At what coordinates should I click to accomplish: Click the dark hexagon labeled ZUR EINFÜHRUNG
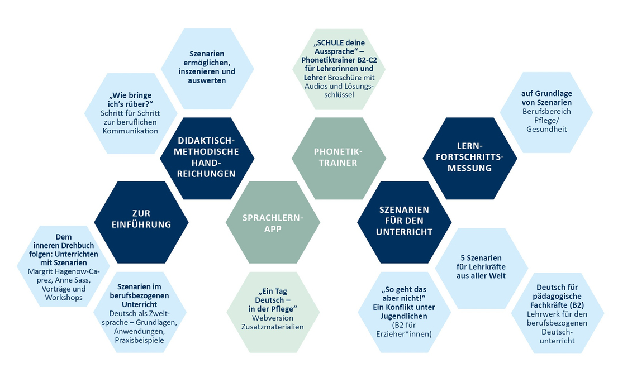click(141, 218)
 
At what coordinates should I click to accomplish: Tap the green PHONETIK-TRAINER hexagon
click(339, 157)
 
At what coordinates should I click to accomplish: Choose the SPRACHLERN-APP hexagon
click(273, 223)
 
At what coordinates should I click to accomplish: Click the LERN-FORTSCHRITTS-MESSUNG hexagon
click(469, 156)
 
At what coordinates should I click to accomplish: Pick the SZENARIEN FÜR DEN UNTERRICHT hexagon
click(405, 221)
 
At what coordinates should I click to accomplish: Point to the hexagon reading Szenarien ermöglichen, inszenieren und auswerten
click(207, 66)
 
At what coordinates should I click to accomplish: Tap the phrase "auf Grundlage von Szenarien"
click(546, 98)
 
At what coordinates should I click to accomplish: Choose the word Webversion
click(272, 318)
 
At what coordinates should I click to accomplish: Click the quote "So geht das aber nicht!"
click(404, 295)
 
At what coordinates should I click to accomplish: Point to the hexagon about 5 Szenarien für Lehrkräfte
click(481, 267)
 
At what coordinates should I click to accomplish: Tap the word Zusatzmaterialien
click(272, 327)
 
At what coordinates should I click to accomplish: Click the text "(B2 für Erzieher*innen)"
click(404, 329)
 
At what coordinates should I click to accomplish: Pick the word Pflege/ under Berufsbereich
click(546, 121)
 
